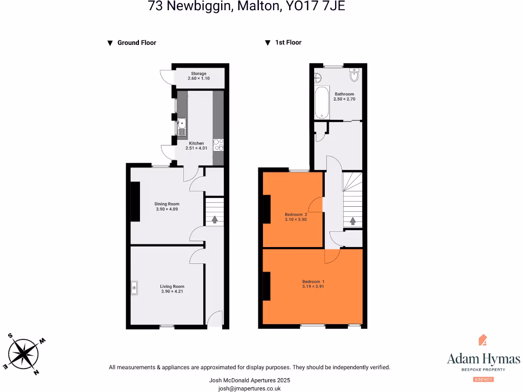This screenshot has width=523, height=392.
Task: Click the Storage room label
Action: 199,73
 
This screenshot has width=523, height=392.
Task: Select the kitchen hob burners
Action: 218,145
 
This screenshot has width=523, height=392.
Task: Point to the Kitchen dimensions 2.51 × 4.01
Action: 197,148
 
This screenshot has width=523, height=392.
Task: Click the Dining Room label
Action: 167,204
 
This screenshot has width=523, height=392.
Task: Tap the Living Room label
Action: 172,286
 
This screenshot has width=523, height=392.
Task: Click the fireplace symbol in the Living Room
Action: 134,288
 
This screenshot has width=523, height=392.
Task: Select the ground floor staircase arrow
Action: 214,219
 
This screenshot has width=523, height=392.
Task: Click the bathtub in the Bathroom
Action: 321,103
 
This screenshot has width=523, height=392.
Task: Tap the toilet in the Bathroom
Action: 354,76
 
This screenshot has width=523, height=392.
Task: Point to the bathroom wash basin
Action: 317,78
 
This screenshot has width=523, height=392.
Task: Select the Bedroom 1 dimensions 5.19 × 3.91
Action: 313,287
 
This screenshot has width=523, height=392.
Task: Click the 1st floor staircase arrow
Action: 352,221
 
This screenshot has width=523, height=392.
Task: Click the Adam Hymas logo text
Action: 483,358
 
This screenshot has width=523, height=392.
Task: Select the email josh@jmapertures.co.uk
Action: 249,388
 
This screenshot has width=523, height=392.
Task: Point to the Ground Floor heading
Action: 136,43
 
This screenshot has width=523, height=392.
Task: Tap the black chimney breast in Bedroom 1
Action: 266,286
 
